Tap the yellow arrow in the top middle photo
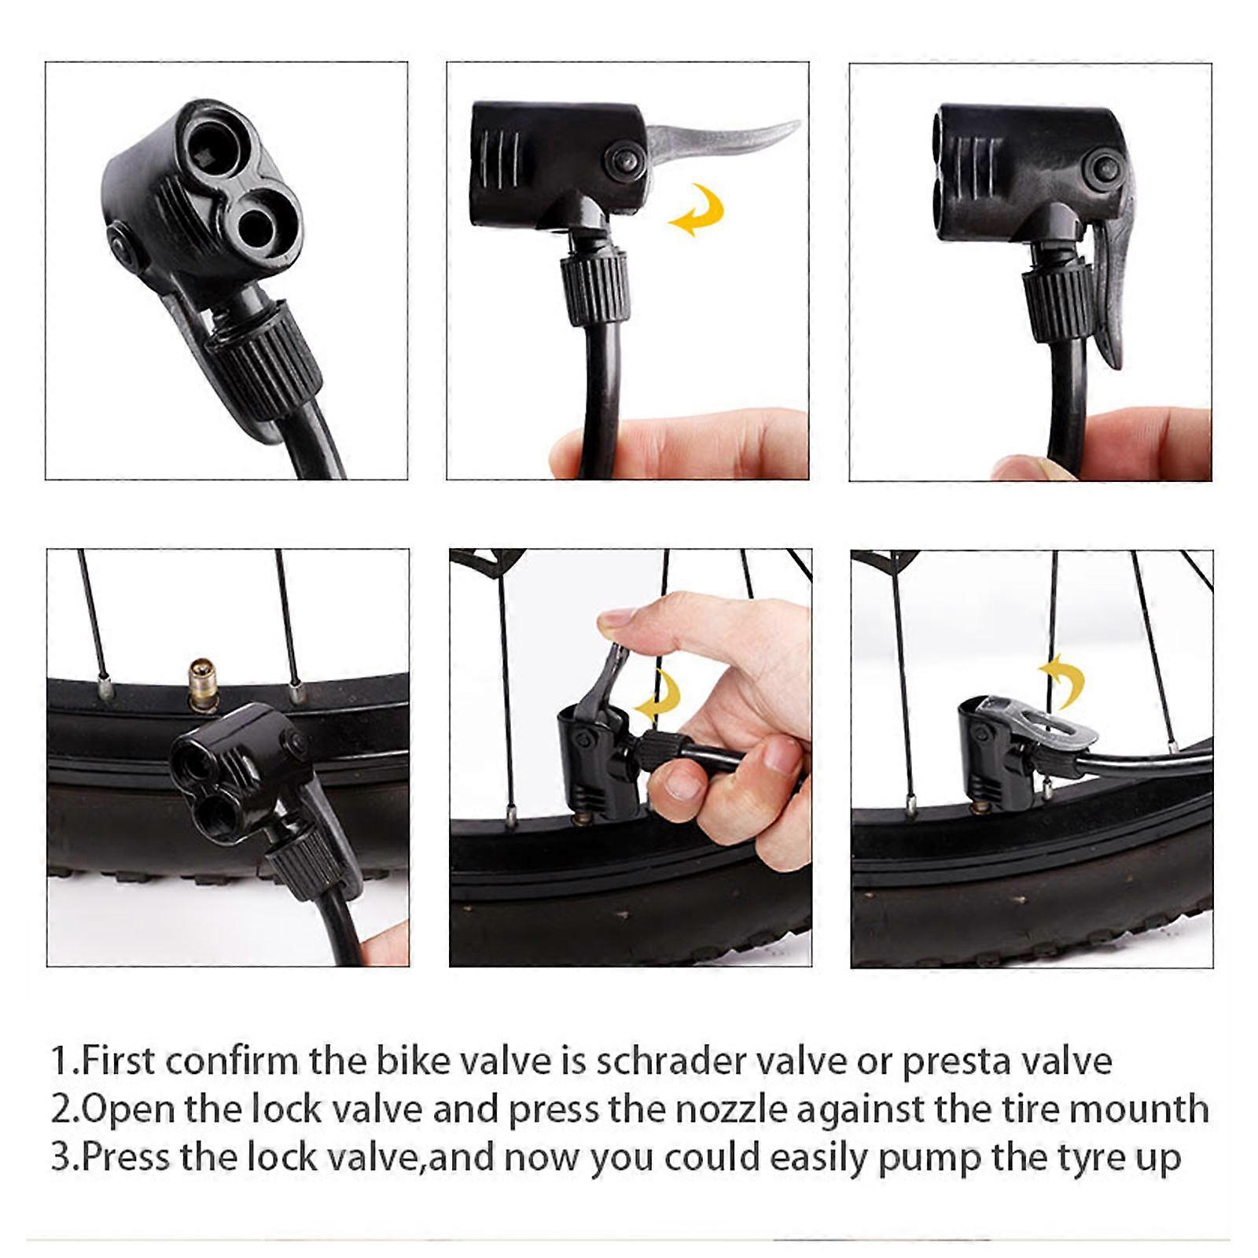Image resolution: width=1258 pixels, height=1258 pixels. pyautogui.click(x=698, y=209)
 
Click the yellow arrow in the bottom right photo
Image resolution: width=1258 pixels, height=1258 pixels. pyautogui.click(x=1063, y=679)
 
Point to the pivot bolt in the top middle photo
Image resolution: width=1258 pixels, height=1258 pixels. pyautogui.click(x=622, y=161)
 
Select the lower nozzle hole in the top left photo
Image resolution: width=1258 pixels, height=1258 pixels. pyautogui.click(x=259, y=224)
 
